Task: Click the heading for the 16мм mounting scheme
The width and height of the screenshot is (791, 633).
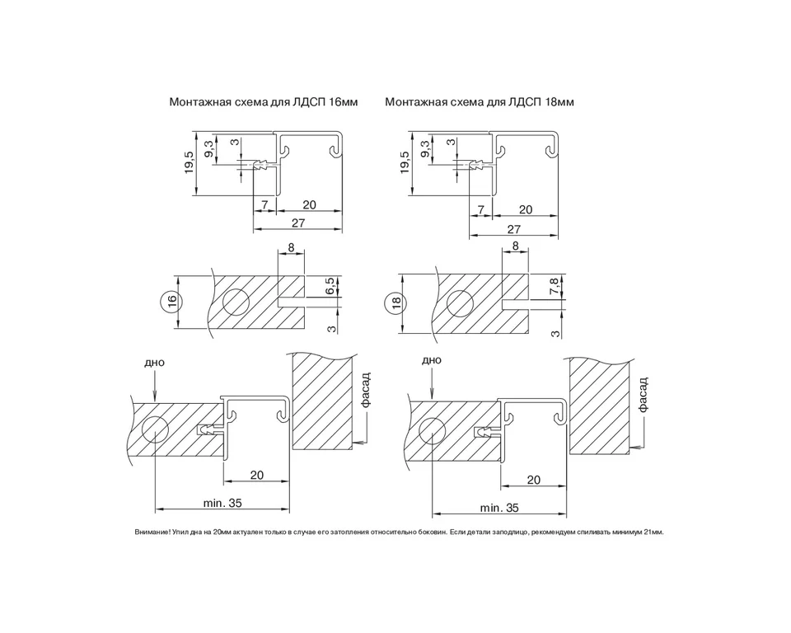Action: coord(264,102)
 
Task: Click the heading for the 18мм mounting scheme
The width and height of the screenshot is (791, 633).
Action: coord(480,102)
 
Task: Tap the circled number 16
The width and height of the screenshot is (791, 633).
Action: coord(171,302)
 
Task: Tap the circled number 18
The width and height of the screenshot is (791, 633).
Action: coord(395,302)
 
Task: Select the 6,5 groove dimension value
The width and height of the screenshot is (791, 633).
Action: coord(330,286)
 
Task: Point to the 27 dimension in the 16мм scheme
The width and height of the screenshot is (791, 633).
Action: coord(298,223)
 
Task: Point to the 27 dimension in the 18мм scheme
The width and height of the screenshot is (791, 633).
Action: coord(513,229)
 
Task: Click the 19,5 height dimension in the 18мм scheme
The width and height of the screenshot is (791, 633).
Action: coord(404,162)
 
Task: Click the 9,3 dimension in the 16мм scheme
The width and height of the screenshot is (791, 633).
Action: coord(209,149)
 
